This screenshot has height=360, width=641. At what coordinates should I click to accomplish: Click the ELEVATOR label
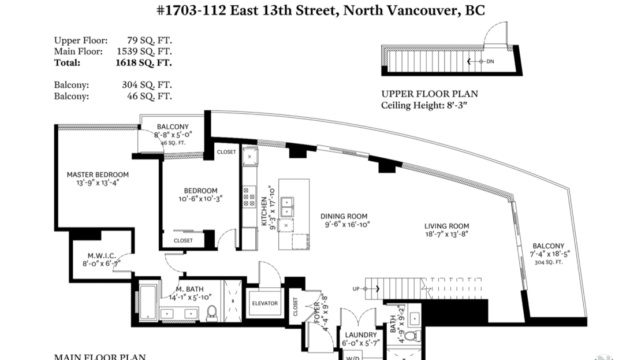pos(264,303)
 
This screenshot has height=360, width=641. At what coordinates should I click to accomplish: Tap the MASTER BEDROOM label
pos(98,175)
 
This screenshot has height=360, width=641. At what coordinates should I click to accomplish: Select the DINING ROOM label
pos(344,217)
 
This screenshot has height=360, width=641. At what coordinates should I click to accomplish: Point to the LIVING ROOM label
pos(446,226)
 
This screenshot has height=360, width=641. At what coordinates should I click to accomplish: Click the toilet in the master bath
pos(212,313)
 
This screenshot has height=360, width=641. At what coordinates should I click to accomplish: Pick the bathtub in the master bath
pos(148,302)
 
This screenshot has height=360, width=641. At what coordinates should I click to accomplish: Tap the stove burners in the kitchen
pos(249,197)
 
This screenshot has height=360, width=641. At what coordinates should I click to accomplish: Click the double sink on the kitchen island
pos(288,207)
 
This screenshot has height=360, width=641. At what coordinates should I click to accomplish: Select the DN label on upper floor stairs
pos(490,61)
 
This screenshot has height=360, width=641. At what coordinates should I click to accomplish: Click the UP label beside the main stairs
pos(356,289)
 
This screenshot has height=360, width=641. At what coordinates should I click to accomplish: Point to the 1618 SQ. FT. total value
pos(143,62)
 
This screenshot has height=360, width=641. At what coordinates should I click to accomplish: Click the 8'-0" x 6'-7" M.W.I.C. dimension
pos(102,264)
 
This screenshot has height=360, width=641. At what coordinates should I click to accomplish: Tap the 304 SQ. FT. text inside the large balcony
pos(548,262)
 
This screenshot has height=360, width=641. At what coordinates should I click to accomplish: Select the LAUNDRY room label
pos(361,335)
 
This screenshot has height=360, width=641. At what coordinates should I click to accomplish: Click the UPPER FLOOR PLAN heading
pos(430,94)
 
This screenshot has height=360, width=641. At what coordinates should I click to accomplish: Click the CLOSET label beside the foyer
pos(296,306)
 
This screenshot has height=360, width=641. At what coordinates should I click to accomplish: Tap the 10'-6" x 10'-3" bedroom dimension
pos(200,199)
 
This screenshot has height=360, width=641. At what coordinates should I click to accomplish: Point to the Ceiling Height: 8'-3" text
pos(424,105)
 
